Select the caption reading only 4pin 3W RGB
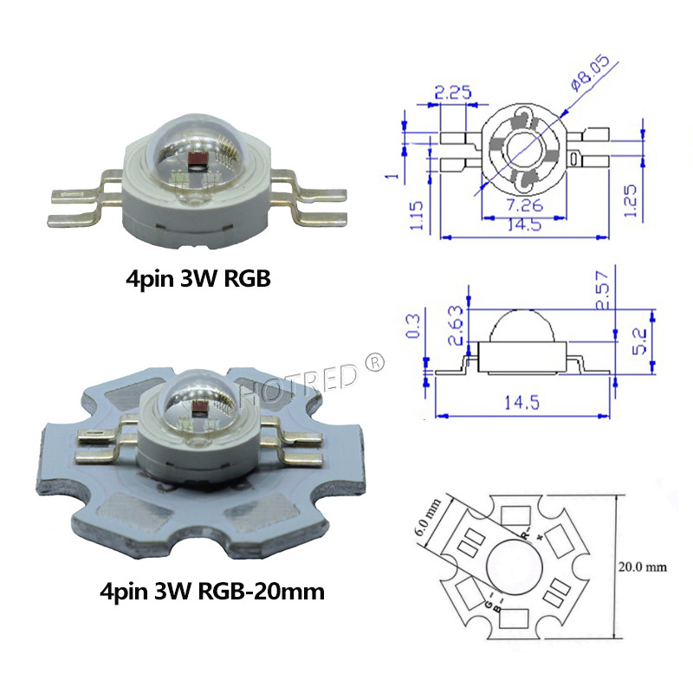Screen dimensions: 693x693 point(195,279)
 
